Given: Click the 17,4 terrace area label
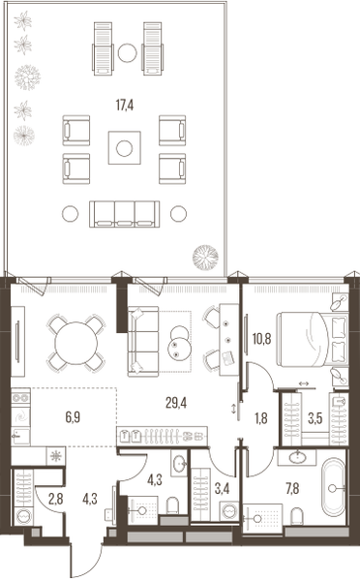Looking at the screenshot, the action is click(125, 106).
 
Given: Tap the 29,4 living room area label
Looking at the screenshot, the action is click(176, 403).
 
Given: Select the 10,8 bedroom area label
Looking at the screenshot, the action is click(262, 338).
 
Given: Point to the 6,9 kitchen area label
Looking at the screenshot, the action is click(73, 417).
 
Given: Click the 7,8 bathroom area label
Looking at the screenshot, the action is click(292, 489).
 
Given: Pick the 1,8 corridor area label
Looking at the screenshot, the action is click(261, 418).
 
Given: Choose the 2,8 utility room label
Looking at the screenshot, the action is click(55, 499).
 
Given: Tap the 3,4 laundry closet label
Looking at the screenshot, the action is click(222, 489).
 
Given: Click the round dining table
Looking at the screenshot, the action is click(75, 343).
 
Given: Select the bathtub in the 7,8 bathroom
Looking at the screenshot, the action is click(333, 487).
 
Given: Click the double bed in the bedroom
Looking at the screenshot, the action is click(313, 339).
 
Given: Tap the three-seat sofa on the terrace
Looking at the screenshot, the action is click(125, 214).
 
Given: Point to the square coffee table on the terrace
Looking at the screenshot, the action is click(125, 148).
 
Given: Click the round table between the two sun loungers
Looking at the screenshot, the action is click(127, 53).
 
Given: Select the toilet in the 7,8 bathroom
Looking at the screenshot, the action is click(297, 516).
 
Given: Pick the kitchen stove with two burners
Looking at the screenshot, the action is click(20, 398).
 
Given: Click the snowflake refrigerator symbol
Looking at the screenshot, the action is click(56, 456).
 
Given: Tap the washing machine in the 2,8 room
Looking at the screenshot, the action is click(23, 515).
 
